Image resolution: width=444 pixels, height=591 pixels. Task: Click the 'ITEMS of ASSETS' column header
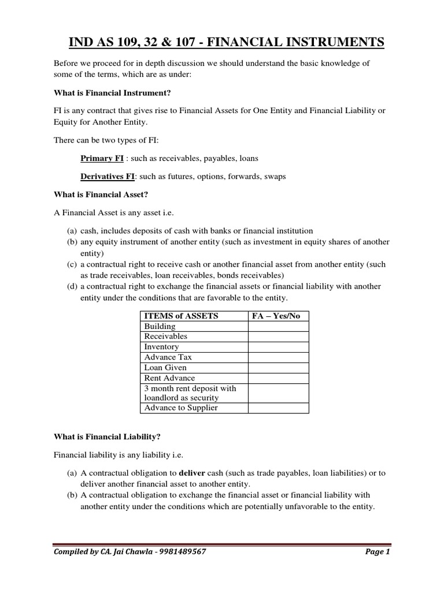(x=181, y=316)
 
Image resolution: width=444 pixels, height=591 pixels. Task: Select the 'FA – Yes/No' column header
(x=277, y=316)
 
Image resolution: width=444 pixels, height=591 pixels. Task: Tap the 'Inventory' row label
(x=162, y=346)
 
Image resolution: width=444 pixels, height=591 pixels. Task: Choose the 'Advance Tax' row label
(x=165, y=357)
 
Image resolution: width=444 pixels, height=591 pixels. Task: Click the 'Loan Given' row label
(x=165, y=367)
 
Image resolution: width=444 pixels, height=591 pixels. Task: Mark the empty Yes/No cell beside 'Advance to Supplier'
(x=278, y=408)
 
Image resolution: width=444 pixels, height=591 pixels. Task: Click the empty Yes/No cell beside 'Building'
(x=278, y=326)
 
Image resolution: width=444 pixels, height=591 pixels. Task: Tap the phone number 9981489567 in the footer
(x=180, y=552)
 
